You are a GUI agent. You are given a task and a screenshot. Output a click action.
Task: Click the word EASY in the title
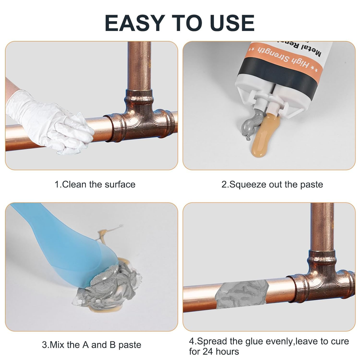click(x=135, y=23)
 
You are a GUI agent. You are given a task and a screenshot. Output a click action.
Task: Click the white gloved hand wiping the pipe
click(x=49, y=121)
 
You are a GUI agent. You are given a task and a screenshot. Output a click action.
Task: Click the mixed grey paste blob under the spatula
click(x=108, y=289)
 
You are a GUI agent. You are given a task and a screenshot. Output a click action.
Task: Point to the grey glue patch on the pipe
click(x=242, y=294)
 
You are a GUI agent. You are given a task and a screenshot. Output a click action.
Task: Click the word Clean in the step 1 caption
click(x=74, y=184)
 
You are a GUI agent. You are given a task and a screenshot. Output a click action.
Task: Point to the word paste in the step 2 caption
click(x=311, y=185)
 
